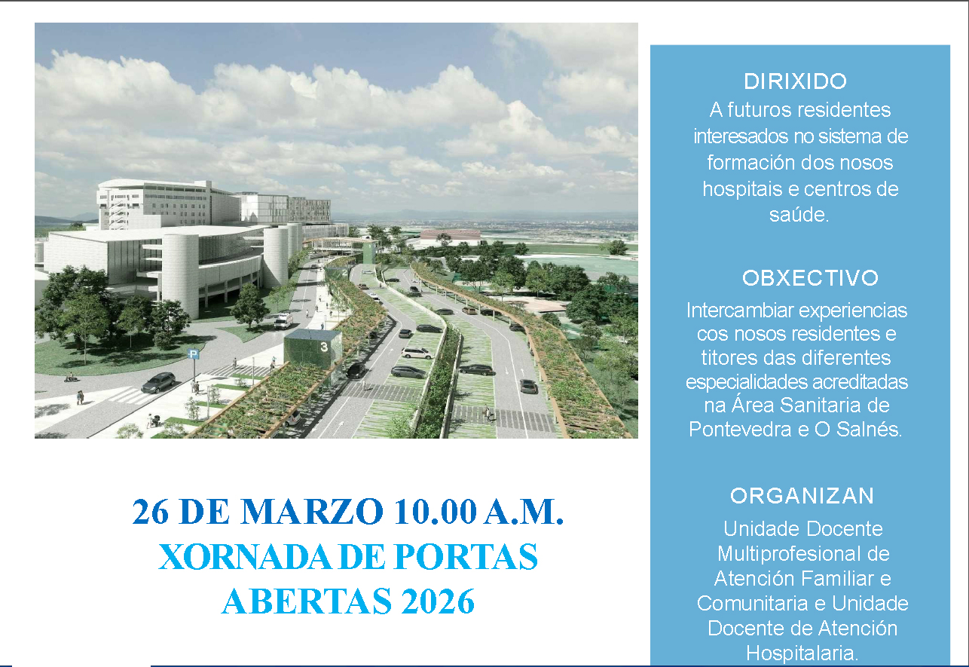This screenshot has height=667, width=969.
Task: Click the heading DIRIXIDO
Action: tap(796, 81)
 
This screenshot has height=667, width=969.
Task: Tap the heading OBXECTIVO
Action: tap(810, 278)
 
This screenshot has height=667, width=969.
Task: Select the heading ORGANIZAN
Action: tap(802, 496)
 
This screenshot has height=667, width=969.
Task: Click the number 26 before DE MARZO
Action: tap(150, 512)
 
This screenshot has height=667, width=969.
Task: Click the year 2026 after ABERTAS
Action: tap(437, 602)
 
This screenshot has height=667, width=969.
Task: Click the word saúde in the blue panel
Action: tap(799, 214)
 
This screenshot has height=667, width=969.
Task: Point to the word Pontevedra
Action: tap(737, 429)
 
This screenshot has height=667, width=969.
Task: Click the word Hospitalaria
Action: tap(802, 653)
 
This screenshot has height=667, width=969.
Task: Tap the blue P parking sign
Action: tap(194, 354)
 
